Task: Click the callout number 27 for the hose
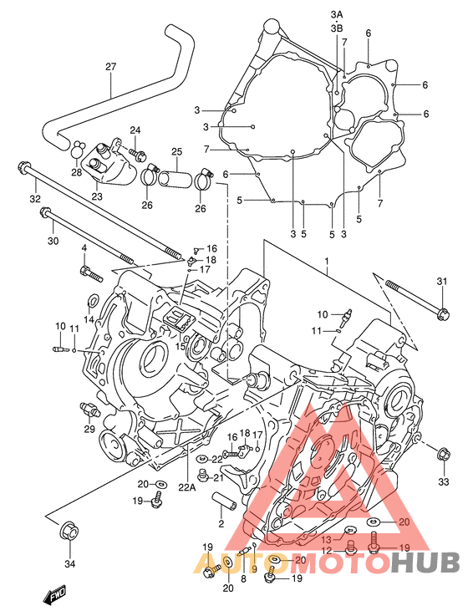pos(111,67)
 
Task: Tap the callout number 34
pos(69,564)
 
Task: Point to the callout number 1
pos(327,262)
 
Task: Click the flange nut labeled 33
pos(444,455)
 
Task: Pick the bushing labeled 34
pos(69,531)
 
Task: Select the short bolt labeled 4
pos(92,274)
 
